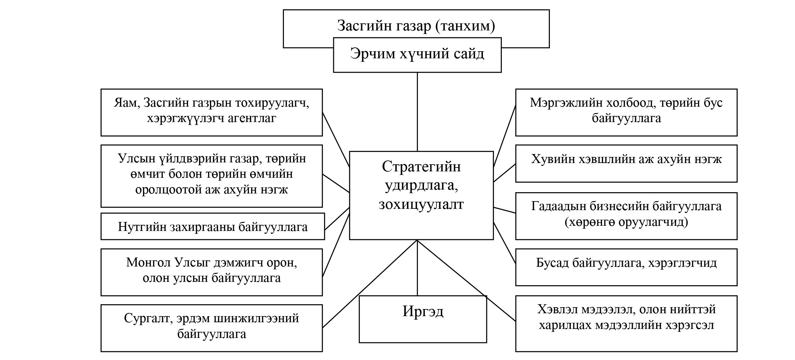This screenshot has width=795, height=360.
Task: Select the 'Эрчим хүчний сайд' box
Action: (417, 55)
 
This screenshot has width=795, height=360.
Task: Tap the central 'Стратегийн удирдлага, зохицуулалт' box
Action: (421, 195)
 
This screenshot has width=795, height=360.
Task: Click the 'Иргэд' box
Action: (423, 319)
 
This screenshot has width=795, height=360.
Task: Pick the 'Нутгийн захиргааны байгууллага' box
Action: (213, 226)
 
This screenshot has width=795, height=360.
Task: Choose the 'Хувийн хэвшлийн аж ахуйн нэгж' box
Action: (626, 164)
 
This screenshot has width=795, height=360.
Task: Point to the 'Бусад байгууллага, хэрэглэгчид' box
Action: (626, 267)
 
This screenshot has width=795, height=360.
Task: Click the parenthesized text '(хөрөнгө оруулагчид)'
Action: (626, 222)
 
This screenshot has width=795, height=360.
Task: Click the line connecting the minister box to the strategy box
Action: (417, 112)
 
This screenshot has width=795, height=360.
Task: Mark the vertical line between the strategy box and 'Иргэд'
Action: (417, 268)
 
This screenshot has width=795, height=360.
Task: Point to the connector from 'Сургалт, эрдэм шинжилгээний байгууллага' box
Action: (370, 284)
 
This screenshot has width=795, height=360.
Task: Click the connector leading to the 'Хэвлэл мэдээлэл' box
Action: (467, 281)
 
